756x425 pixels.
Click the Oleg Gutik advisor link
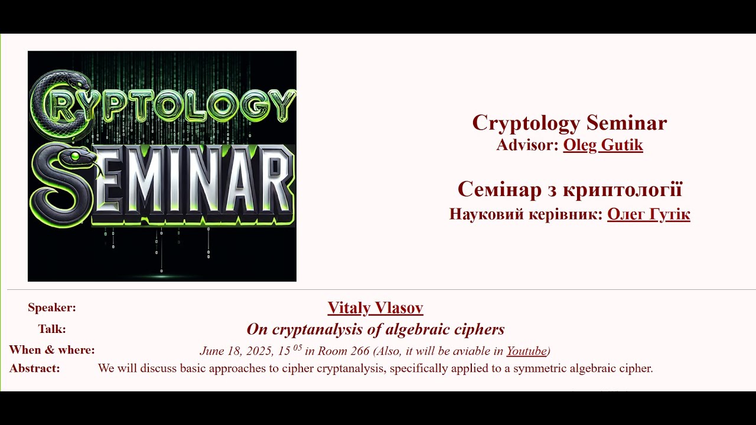(603, 145)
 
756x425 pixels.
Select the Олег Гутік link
(649, 214)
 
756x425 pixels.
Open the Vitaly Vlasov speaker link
(375, 308)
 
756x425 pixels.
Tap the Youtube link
(526, 351)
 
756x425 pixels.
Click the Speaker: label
(52, 308)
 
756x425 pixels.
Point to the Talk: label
(52, 329)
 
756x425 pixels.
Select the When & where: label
(52, 350)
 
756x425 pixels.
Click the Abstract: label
(35, 368)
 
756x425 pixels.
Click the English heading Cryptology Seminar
(569, 123)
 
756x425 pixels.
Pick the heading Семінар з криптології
(569, 189)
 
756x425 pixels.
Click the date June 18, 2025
(237, 351)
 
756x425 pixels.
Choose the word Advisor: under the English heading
(527, 145)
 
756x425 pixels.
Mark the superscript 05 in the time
(297, 347)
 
